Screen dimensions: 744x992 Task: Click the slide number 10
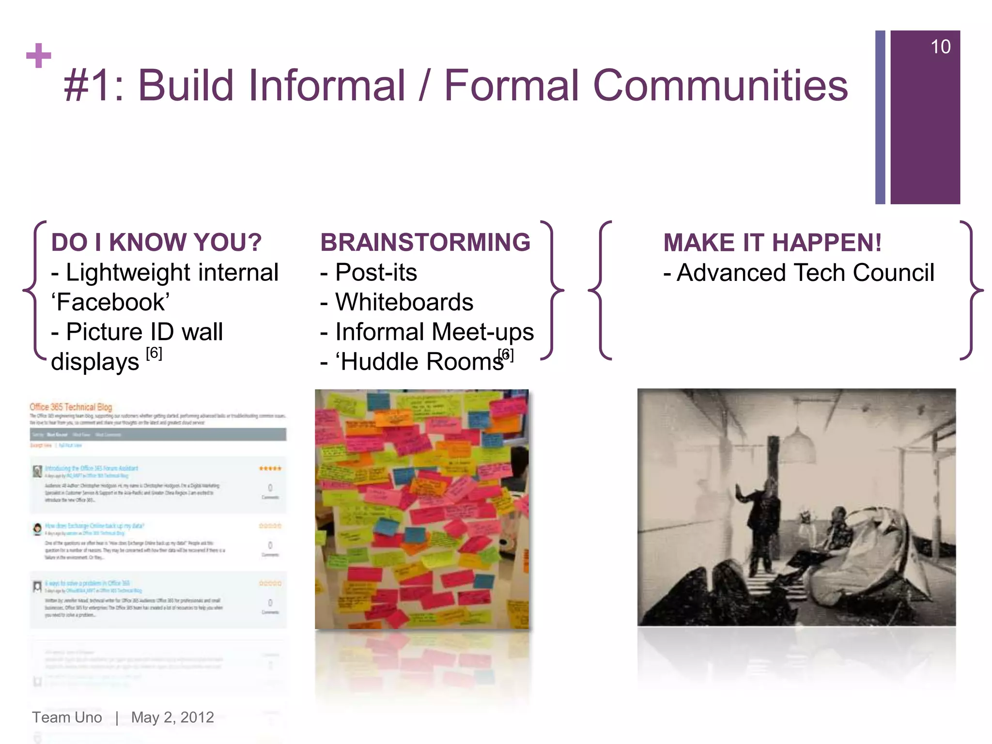point(940,47)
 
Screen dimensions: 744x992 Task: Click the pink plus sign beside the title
point(39,56)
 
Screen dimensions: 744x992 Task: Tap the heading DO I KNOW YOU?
point(156,242)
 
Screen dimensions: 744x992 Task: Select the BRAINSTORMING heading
point(425,242)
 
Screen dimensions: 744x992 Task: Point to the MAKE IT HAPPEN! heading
point(772,243)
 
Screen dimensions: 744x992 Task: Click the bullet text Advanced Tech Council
point(805,273)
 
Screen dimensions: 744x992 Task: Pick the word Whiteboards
point(404,302)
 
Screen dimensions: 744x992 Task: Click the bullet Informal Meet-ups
point(434,332)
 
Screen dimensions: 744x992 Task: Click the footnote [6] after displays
point(154,353)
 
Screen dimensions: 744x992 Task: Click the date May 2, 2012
point(172,717)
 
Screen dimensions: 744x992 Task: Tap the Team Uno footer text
point(67,717)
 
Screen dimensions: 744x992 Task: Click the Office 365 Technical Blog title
point(71,407)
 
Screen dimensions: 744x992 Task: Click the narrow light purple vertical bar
point(880,117)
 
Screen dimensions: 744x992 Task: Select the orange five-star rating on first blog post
point(270,468)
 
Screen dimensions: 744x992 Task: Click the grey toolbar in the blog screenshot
point(158,434)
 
